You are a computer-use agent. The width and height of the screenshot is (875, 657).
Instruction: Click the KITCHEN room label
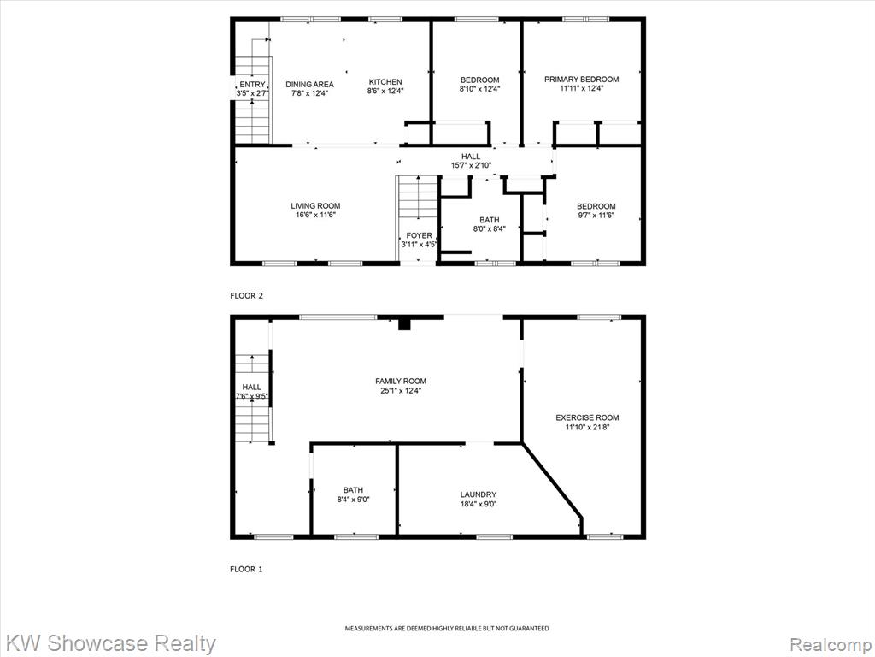[x=385, y=81]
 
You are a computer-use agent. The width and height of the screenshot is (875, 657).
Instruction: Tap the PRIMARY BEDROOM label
[x=581, y=80]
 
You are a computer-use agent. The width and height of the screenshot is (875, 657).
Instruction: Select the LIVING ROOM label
[x=315, y=205]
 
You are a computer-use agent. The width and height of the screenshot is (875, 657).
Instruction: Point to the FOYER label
[x=419, y=235]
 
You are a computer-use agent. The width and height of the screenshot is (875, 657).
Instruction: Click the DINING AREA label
[x=309, y=85]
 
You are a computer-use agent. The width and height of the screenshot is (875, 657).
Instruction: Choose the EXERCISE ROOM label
[x=587, y=417]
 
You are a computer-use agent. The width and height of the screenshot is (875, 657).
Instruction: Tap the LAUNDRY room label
[x=479, y=494]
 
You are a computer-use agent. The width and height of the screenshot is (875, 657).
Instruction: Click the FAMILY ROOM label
[x=401, y=381]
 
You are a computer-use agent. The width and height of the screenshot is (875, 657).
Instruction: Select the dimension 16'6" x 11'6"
[x=315, y=215]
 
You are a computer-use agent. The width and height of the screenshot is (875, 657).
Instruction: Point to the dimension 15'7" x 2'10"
[x=471, y=165]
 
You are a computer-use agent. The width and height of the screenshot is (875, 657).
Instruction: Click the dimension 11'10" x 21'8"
[x=587, y=428]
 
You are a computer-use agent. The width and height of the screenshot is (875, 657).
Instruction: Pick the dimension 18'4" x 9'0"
[x=479, y=504]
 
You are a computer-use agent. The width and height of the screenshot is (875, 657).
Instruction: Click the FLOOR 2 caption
[x=246, y=295]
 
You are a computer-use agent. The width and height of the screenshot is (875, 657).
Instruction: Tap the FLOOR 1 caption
[x=246, y=569]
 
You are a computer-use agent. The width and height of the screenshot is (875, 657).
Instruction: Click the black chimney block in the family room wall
[x=404, y=324]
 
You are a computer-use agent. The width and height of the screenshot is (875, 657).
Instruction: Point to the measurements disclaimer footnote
[x=446, y=629]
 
